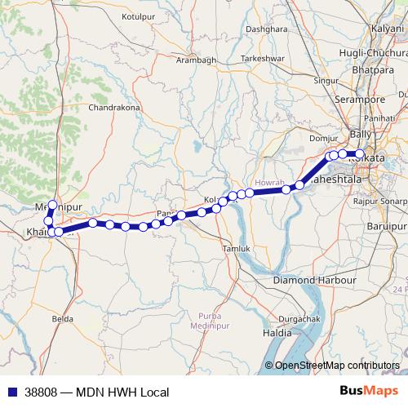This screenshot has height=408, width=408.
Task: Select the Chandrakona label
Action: tap(115, 107)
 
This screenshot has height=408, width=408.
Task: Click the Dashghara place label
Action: tap(268, 28)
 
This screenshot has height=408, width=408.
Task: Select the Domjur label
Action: tap(323, 139)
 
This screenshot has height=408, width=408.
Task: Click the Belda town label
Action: tap(62, 318)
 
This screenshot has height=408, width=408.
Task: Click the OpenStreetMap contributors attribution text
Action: tap(337, 366)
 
